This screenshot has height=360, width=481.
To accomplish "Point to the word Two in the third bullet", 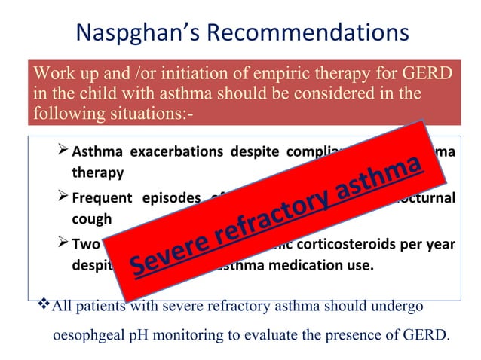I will click(85, 245).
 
